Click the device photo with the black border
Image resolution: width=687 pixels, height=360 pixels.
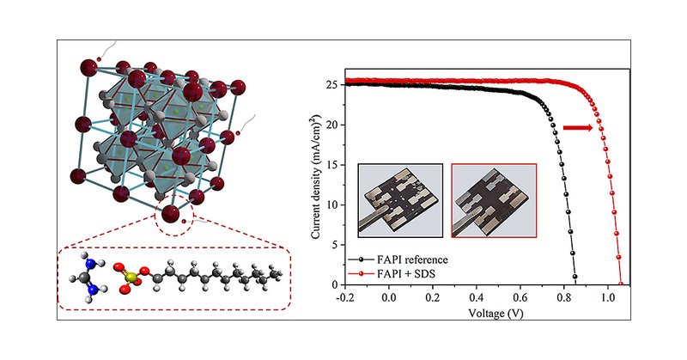[x=400, y=199]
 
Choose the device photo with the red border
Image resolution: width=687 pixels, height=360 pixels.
[x=494, y=199]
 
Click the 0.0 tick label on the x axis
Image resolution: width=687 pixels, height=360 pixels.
[x=390, y=296]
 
